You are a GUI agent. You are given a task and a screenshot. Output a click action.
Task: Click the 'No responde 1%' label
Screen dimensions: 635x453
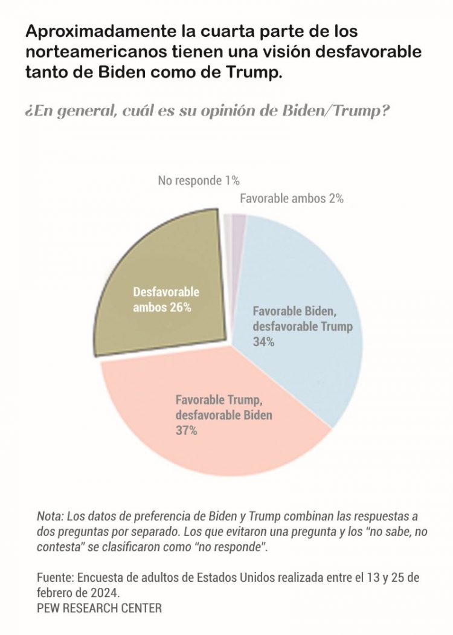199,180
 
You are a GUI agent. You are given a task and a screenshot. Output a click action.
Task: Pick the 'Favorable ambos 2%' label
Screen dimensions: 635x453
292,198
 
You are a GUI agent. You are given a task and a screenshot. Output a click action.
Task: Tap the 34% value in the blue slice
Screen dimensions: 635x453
264,342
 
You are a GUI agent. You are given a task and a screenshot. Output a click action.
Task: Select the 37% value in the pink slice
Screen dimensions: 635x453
187,431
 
